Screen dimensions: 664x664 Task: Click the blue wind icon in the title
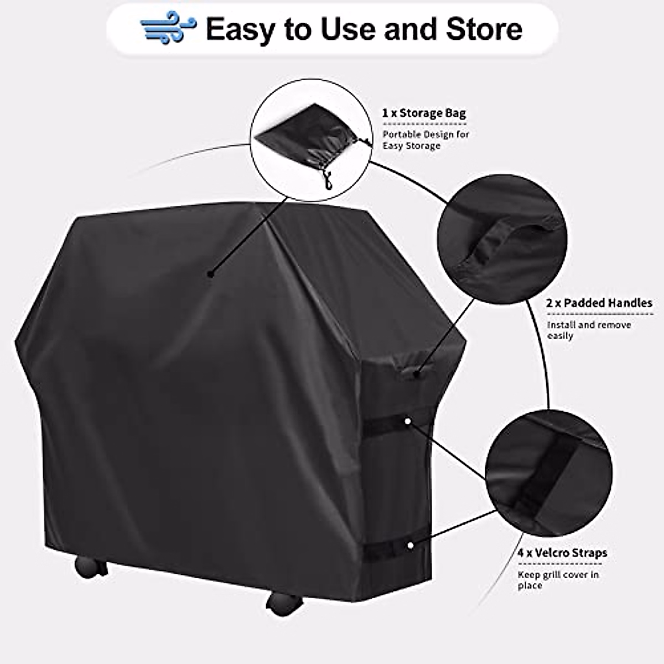point(168,28)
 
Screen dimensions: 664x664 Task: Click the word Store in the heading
point(484,29)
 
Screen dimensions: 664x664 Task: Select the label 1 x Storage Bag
point(424,113)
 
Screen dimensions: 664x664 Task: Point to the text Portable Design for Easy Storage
point(426,140)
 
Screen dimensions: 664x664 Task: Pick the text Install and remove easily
point(589,330)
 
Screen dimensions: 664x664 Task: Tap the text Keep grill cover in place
point(558,579)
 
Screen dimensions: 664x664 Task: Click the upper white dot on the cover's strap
point(408,422)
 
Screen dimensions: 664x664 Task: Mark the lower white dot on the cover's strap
point(410,545)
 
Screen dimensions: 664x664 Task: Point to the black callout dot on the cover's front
point(210,273)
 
